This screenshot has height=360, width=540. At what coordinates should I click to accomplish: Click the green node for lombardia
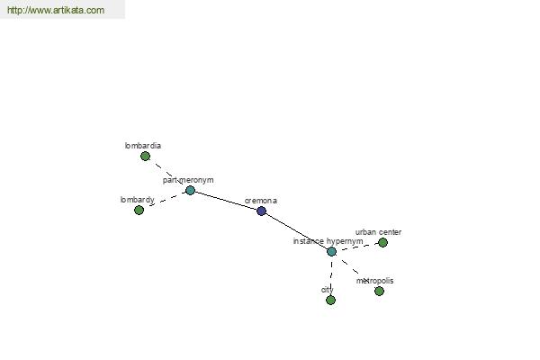[145, 156]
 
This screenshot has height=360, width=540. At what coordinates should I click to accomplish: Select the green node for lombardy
[139, 210]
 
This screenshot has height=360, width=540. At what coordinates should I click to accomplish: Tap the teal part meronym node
[190, 190]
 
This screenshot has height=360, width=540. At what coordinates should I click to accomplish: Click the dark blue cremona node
[261, 211]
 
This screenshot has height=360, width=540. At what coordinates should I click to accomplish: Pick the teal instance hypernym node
[331, 251]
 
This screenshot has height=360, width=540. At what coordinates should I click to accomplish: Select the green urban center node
[382, 242]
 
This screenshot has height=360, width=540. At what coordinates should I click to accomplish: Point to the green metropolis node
[379, 291]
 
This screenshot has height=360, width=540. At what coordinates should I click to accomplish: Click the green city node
[330, 300]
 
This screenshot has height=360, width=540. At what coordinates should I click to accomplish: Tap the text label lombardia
[143, 145]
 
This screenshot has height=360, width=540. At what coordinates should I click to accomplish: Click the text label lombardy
[137, 199]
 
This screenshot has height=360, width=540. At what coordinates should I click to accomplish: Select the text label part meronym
[188, 180]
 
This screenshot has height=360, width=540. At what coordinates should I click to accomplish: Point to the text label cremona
[261, 201]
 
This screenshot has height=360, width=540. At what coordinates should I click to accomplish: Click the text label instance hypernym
[328, 241]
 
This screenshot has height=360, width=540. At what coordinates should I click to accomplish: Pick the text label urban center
[378, 232]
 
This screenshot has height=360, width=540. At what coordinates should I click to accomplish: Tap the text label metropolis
[374, 281]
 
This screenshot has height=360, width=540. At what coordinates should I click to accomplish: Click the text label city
[327, 290]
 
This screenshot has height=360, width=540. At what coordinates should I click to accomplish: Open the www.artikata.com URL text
[55, 11]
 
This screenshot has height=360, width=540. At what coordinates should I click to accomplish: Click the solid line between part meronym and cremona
[225, 200]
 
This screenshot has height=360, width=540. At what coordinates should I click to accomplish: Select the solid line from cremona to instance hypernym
[296, 230]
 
